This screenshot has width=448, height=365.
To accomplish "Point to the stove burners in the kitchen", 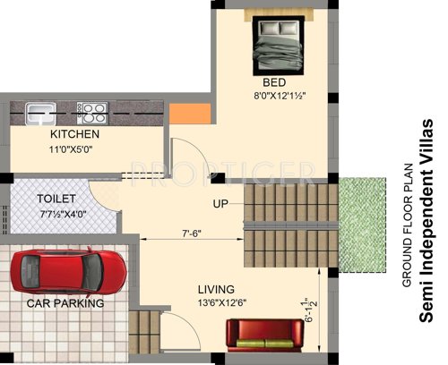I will pyautogui.click(x=92, y=113).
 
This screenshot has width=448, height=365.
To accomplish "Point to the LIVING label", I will pyautogui.click(x=217, y=290).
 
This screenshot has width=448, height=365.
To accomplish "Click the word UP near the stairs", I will pyautogui.click(x=220, y=204).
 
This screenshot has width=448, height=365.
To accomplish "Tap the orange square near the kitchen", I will pyautogui.click(x=183, y=115).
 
